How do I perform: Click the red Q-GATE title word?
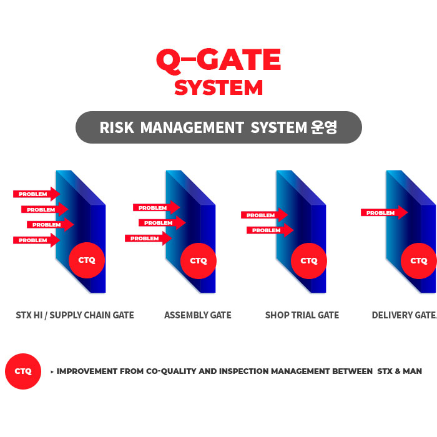pyautogui.click(x=219, y=61)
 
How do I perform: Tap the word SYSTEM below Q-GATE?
pyautogui.click(x=219, y=88)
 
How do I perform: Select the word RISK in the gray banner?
pyautogui.click(x=117, y=127)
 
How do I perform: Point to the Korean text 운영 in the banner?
pyautogui.click(x=324, y=127)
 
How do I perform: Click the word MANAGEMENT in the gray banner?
pyautogui.click(x=192, y=127)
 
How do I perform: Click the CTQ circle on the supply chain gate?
pyautogui.click(x=87, y=260)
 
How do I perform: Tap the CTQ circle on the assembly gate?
pyautogui.click(x=199, y=261)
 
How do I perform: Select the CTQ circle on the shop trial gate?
pyautogui.click(x=309, y=261)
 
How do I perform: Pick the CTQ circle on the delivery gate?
pyautogui.click(x=419, y=261)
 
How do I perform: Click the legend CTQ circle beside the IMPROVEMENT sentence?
pyautogui.click(x=23, y=371)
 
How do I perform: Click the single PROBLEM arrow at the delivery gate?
pyautogui.click(x=385, y=213)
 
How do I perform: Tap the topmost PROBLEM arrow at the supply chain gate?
pyautogui.click(x=36, y=194)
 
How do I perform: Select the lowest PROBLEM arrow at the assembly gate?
pyautogui.click(x=149, y=238)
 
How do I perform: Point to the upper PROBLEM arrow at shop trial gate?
pyautogui.click(x=265, y=215)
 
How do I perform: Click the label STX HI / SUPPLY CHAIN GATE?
pyautogui.click(x=75, y=315)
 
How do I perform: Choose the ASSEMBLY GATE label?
pyautogui.click(x=198, y=315)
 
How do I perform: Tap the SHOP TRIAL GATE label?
pyautogui.click(x=302, y=315)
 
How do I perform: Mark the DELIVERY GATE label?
pyautogui.click(x=404, y=315)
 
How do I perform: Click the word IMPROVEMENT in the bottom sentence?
pyautogui.click(x=87, y=371)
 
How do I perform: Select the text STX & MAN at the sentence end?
pyautogui.click(x=400, y=371)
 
